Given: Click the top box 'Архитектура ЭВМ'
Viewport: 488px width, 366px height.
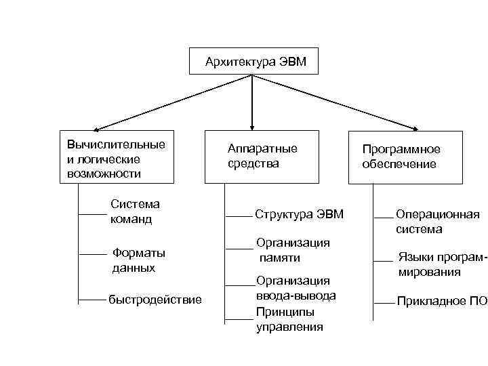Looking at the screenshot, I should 252,61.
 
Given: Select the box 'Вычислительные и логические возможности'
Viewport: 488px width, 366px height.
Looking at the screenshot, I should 117,157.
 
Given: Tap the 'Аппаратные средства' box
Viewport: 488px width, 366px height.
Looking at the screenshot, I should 262,157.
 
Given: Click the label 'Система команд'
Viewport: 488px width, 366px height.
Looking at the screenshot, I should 135,211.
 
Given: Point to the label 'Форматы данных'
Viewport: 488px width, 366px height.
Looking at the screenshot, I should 138,260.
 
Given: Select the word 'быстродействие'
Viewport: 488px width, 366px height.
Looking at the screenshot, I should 155,300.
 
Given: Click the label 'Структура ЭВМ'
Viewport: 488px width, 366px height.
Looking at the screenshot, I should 300,214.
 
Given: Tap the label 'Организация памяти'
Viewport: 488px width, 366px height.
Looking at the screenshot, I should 292,249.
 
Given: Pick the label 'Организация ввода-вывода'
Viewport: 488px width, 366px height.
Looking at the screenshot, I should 296,288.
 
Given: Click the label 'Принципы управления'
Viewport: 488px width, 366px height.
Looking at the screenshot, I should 289,319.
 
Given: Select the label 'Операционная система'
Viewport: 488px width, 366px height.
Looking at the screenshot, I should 437,222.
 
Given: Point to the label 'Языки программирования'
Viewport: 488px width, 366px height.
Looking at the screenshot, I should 441,264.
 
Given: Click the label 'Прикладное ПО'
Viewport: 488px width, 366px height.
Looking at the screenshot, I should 441,301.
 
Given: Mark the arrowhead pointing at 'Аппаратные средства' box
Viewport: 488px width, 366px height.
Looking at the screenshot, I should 252,125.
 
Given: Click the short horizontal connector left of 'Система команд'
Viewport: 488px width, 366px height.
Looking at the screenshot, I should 93,214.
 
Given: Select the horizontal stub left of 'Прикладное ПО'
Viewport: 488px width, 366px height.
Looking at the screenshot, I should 383,301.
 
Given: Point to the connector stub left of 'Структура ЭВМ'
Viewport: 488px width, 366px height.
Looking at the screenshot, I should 238,216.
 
